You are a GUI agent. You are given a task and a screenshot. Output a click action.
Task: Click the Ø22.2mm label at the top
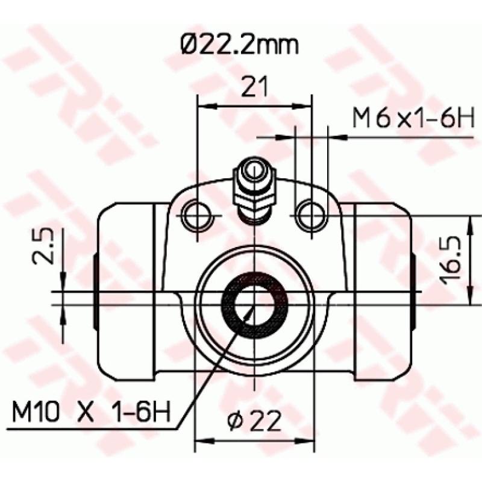[x=240, y=45]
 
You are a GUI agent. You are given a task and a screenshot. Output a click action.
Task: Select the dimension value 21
[x=255, y=87]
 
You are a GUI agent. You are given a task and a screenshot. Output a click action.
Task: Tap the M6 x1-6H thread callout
[x=415, y=119]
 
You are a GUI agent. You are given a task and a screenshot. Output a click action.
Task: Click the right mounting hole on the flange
[x=311, y=214]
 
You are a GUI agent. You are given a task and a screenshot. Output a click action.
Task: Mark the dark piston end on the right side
[x=414, y=292]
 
